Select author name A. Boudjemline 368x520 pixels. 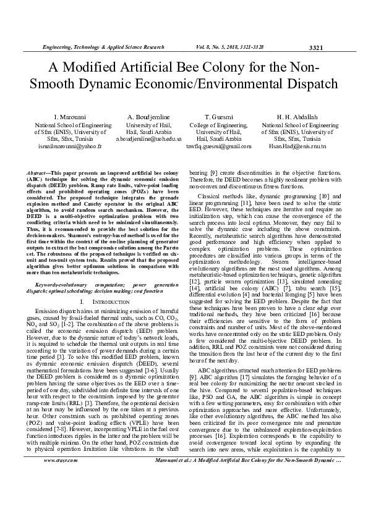(x=148, y=117)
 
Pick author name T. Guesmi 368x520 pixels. (x=218, y=117)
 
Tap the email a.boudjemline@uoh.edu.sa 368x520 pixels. (x=148, y=139)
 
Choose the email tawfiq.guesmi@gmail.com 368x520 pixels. (x=218, y=146)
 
